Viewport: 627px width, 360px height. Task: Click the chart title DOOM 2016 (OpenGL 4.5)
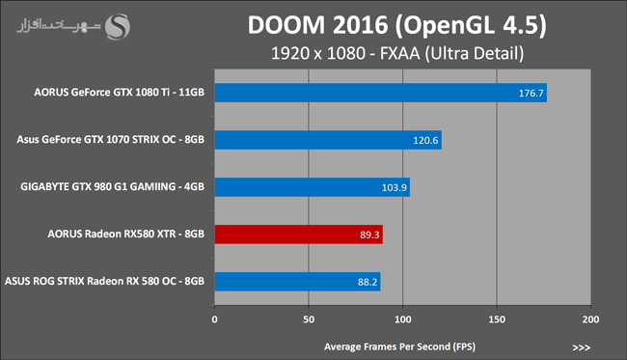point(396,26)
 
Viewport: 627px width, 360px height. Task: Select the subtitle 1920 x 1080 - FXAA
point(345,54)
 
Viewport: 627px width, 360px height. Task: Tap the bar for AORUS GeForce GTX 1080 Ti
point(381,93)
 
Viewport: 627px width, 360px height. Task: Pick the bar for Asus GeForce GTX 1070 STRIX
point(328,140)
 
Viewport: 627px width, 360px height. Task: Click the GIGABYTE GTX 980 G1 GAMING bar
point(313,187)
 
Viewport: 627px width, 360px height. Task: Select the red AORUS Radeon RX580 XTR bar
point(299,235)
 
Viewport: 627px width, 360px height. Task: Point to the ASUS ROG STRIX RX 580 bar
point(297,282)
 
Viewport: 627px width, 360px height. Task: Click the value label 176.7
point(532,94)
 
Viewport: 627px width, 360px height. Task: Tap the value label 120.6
point(425,140)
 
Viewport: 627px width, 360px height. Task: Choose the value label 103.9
point(394,187)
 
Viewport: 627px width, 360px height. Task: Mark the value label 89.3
point(369,235)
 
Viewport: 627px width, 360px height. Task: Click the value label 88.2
point(368,282)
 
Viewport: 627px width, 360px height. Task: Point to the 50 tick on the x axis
point(309,319)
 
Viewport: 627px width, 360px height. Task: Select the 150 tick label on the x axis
point(497,319)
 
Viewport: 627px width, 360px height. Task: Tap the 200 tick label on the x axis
point(591,319)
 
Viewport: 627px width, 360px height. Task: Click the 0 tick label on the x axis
point(215,319)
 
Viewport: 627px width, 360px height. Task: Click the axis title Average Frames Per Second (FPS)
point(400,346)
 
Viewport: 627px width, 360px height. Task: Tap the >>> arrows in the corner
point(582,347)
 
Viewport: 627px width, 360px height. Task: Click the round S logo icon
point(117,27)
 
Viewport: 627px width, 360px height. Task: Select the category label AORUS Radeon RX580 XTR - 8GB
point(126,234)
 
